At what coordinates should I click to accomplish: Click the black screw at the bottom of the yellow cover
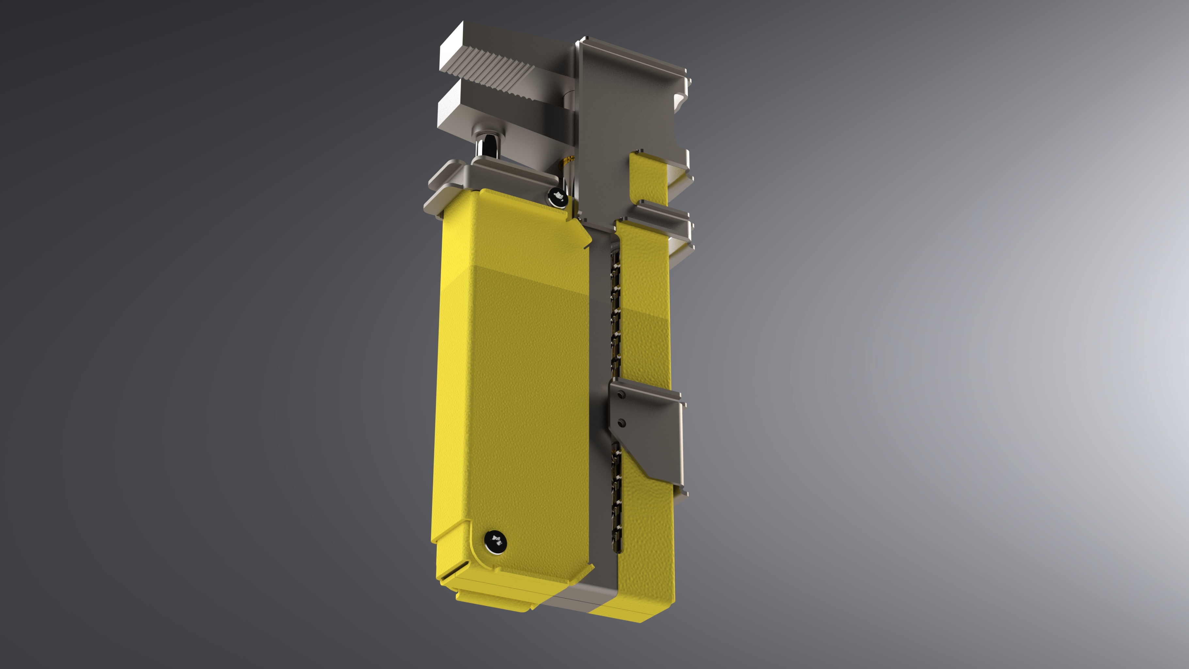pyautogui.click(x=495, y=540)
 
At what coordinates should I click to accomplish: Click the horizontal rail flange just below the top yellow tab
pyautogui.click(x=665, y=212)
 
